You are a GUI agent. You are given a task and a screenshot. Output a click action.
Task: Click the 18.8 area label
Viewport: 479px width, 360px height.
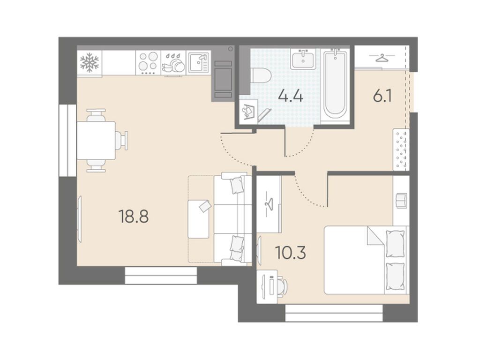[134, 217]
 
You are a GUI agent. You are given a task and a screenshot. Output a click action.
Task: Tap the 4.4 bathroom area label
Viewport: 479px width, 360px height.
[290, 96]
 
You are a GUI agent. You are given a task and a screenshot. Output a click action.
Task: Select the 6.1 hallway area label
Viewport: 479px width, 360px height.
[382, 96]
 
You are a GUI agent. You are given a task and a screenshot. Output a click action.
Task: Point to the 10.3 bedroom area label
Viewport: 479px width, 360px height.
[290, 253]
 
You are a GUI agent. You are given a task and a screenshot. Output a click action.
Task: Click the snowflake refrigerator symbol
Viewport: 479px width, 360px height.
[89, 63]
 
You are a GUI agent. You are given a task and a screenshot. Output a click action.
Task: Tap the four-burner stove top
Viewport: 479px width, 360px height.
[148, 63]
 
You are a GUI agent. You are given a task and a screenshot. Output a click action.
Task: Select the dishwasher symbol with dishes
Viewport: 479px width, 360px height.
[173, 63]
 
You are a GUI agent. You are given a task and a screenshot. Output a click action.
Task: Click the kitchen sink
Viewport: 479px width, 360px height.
[199, 62]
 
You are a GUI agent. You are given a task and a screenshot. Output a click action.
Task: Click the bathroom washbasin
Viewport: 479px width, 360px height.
[303, 59]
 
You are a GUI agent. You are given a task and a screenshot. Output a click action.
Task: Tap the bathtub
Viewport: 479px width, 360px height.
[336, 85]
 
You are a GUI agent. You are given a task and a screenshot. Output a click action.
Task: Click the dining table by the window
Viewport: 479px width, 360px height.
[96, 140]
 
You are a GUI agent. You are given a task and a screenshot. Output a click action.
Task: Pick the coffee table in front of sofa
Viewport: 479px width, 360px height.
[199, 219]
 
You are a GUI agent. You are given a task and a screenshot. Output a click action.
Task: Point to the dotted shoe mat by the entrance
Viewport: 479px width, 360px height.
[401, 150]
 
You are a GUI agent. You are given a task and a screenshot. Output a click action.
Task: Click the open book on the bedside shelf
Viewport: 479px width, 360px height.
[401, 200]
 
